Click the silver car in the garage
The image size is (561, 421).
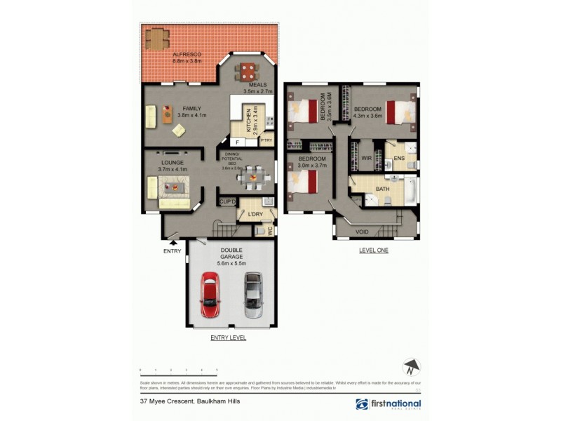(252, 295)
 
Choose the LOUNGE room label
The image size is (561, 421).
(170, 163)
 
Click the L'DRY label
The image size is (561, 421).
(255, 214)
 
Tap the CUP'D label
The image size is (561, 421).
(228, 202)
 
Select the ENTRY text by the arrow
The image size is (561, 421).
(173, 251)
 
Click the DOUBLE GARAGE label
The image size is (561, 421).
(231, 254)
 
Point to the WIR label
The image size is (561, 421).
(365, 159)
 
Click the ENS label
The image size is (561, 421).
(400, 159)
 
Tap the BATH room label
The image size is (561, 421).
(382, 189)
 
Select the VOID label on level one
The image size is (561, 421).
(362, 232)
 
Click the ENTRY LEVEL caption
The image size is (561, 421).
(229, 338)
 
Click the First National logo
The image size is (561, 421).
(388, 404)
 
